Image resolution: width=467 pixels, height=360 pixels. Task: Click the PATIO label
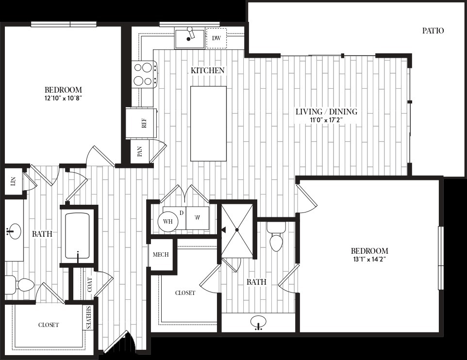pyautogui.click(x=433, y=31)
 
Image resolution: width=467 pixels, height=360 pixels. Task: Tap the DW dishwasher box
pyautogui.click(x=216, y=38)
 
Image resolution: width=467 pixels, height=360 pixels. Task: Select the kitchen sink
pyautogui.click(x=190, y=38)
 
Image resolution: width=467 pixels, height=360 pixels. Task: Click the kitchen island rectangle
pyautogui.click(x=208, y=124)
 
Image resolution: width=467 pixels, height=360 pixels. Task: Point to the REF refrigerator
pyautogui.click(x=141, y=123)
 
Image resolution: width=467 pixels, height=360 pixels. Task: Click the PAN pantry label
pyautogui.click(x=139, y=151)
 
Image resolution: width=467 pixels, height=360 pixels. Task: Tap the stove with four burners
pyautogui.click(x=145, y=74)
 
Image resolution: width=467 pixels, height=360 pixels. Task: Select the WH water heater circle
pyautogui.click(x=168, y=222)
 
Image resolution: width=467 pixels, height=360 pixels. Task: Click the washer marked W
pyautogui.click(x=198, y=218)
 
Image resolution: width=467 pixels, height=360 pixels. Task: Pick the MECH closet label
pyautogui.click(x=161, y=255)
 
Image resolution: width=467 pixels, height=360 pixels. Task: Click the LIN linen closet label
pyautogui.click(x=13, y=181)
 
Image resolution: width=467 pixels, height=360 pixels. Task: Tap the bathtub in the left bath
pyautogui.click(x=77, y=235)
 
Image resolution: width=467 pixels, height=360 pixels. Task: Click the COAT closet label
pyautogui.click(x=89, y=285)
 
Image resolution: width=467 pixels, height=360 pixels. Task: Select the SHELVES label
pyautogui.click(x=88, y=317)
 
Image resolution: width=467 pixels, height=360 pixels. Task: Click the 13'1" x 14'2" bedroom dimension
pyautogui.click(x=369, y=259)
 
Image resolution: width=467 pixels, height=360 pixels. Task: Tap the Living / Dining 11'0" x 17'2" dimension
pyautogui.click(x=326, y=120)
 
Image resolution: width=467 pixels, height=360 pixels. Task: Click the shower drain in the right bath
pyautogui.click(x=237, y=230)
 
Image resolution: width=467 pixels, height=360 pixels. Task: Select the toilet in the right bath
pyautogui.click(x=276, y=237)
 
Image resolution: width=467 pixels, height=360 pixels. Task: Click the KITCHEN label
pyautogui.click(x=207, y=70)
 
